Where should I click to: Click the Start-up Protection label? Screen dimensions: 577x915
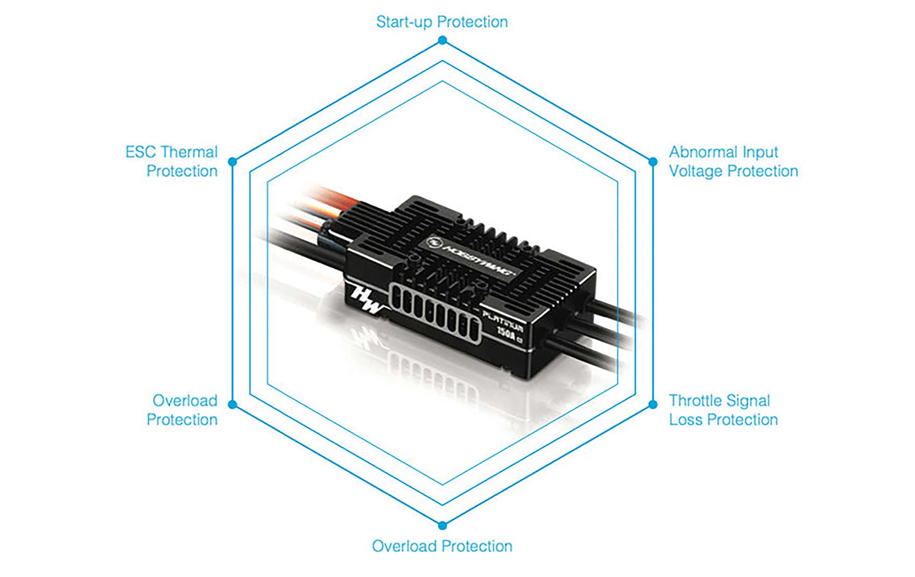coord(442,22)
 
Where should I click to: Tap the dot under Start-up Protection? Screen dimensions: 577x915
coord(442,40)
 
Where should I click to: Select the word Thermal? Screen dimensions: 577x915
coord(189,152)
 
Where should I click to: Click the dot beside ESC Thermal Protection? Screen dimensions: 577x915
coord(232,161)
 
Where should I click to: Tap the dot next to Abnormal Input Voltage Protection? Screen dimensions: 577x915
coord(653,161)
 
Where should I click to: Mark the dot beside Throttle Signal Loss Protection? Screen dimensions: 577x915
coord(653,405)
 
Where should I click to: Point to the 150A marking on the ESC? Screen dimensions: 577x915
coord(507,333)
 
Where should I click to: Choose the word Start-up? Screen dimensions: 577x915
coord(404,22)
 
